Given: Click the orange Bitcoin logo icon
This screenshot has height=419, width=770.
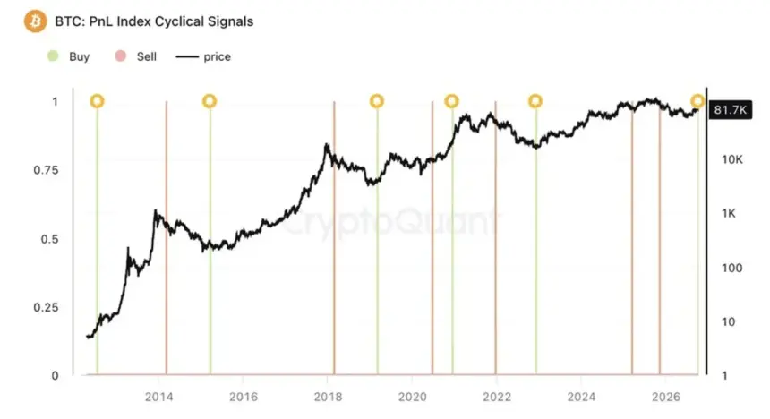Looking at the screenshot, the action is point(35,21).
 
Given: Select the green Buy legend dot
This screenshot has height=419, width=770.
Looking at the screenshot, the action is point(53,56).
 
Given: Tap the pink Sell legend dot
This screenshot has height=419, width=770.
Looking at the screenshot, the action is point(120,56).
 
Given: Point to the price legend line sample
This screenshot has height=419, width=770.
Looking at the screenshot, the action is point(187,57).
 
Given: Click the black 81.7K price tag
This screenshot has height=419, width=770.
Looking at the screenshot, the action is point(731,109).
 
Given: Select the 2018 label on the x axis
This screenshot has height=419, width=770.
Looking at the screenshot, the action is point(328,397).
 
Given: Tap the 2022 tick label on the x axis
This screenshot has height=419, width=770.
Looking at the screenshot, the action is point(497,397).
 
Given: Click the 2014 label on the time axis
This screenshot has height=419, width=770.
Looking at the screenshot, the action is point(158,397).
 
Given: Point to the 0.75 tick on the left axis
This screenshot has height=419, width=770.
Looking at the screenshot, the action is point(46,170).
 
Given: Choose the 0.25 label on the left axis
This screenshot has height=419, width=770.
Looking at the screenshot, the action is point(46,307).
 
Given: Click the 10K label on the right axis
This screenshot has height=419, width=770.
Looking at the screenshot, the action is point(732,159).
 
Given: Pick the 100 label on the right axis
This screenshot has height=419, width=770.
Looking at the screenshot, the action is point(732,269).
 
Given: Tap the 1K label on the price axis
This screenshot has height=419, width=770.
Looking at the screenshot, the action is point(729,213).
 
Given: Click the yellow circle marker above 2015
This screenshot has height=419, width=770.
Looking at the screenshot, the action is point(210,101).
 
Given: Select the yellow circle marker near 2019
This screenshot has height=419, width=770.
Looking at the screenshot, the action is point(377,101).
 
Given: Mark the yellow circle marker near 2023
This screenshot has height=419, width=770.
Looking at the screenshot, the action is point(535,101).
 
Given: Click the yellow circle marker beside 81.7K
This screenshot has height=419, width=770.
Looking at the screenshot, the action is point(697,101).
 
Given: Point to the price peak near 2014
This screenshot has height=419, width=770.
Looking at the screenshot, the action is point(155,210).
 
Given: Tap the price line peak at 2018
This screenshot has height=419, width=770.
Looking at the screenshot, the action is point(326,144).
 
